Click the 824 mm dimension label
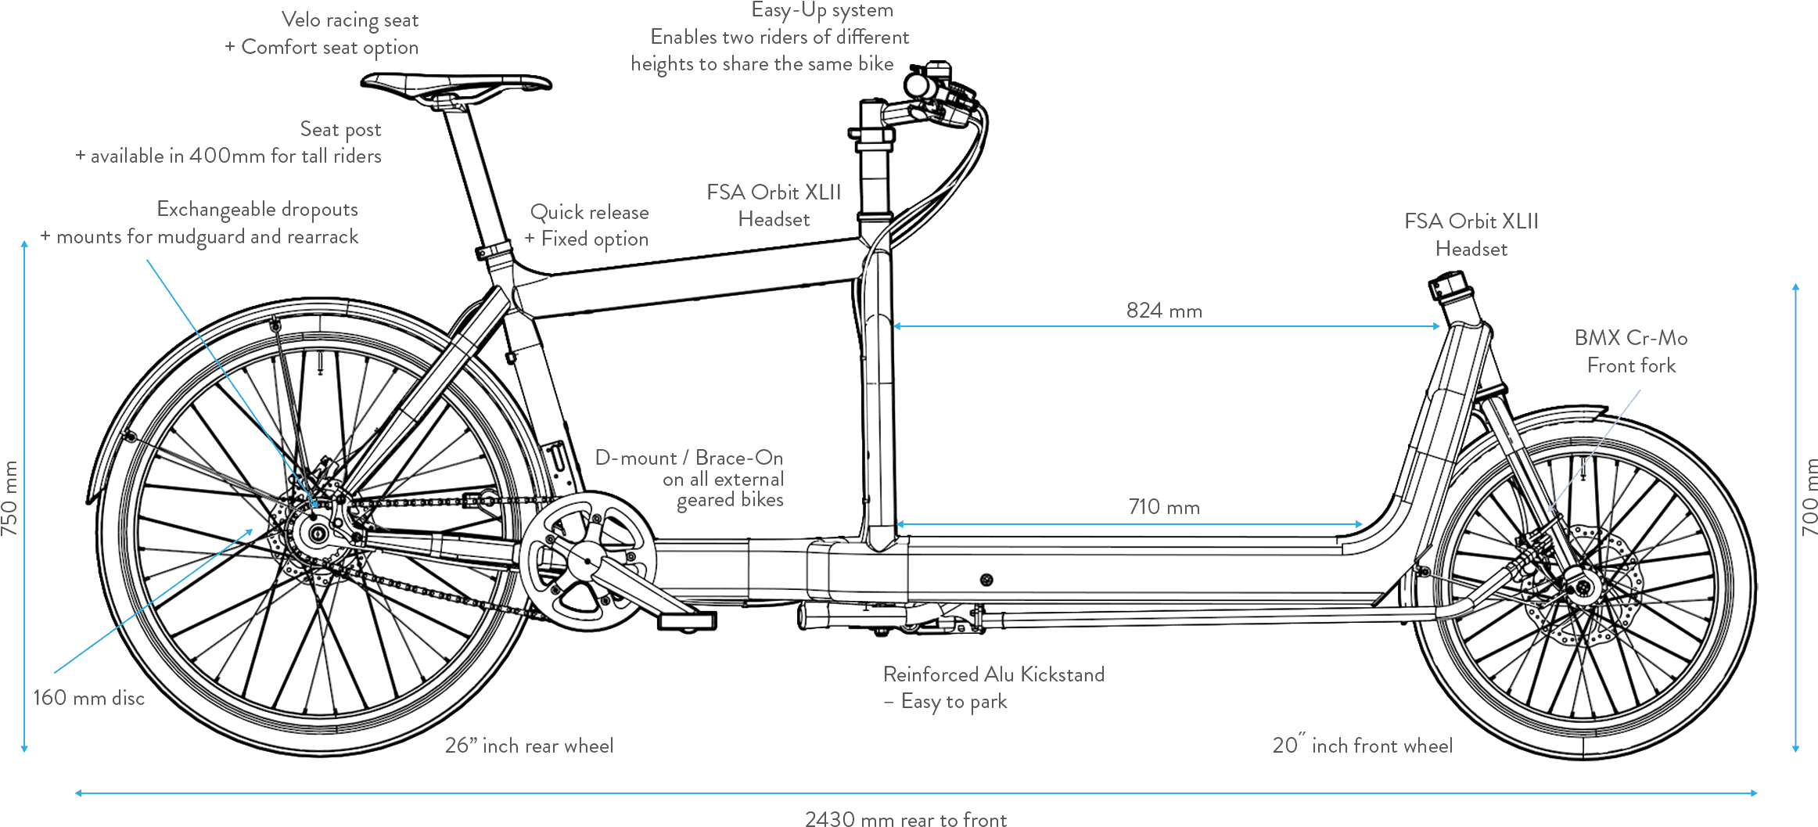click(1164, 311)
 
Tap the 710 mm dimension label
click(1164, 507)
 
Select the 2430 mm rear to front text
click(906, 818)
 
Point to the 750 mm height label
click(9, 498)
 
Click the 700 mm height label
click(1809, 498)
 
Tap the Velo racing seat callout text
click(350, 20)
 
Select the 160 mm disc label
click(88, 698)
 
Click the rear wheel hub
click(318, 535)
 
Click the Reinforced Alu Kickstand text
click(993, 674)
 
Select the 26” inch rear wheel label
click(529, 746)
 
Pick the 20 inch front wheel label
click(1362, 746)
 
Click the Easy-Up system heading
click(822, 11)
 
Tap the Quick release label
click(589, 212)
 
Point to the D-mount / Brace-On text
click(689, 458)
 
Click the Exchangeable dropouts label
click(257, 210)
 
